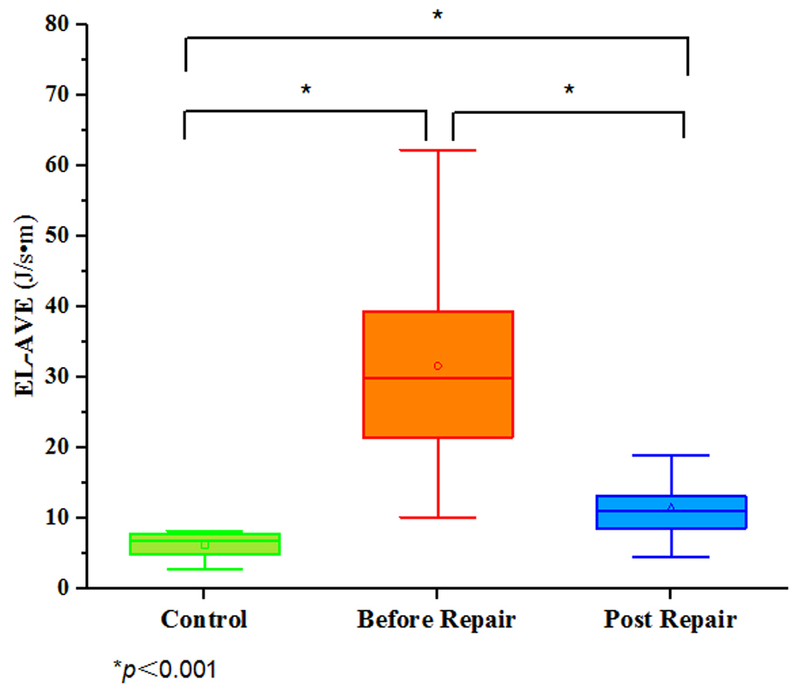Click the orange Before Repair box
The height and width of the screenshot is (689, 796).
tap(438, 400)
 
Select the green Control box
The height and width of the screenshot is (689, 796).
tap(204, 544)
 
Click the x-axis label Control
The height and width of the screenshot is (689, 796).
tap(204, 620)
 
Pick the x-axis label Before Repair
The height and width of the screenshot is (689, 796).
tap(437, 620)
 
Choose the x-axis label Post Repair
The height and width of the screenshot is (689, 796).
tap(670, 620)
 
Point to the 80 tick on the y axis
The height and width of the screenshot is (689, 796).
tap(57, 23)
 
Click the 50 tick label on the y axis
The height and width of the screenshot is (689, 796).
tap(57, 235)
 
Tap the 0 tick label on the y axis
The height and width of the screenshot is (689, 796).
tap(64, 588)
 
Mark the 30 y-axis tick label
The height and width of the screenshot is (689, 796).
tap(57, 377)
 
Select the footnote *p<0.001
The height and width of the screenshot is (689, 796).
tap(164, 669)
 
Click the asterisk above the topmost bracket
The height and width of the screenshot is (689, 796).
tap(438, 16)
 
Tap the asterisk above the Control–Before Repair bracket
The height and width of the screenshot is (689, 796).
tap(305, 90)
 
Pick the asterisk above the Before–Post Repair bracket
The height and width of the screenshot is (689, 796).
tap(569, 90)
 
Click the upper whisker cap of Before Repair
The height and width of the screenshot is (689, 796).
tap(438, 151)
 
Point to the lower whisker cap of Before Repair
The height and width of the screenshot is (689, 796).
tap(438, 518)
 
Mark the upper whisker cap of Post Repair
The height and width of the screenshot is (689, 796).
tap(671, 455)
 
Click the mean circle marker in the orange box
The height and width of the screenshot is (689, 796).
tap(438, 366)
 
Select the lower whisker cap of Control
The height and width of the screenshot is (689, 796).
tap(204, 569)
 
